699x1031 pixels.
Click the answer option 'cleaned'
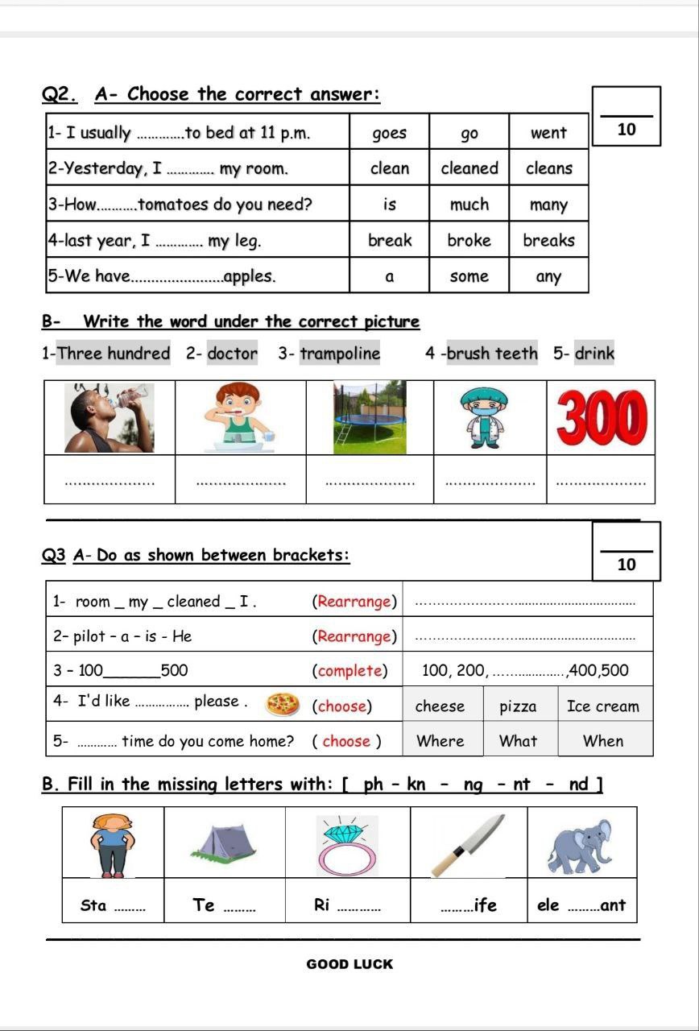click(469, 168)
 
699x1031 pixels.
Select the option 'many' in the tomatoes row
click(548, 205)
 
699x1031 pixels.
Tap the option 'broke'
click(469, 240)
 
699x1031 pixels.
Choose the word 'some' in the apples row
click(469, 276)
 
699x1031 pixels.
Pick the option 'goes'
click(390, 133)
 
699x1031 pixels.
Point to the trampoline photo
click(370, 417)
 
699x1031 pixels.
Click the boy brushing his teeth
click(240, 417)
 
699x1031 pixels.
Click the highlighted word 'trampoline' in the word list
click(340, 353)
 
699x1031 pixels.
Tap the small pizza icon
click(283, 703)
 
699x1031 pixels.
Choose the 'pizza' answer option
click(518, 706)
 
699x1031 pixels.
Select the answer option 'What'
click(518, 741)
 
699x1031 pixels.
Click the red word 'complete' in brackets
click(349, 671)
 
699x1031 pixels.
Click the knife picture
click(468, 844)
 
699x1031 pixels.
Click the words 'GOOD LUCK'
click(349, 964)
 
